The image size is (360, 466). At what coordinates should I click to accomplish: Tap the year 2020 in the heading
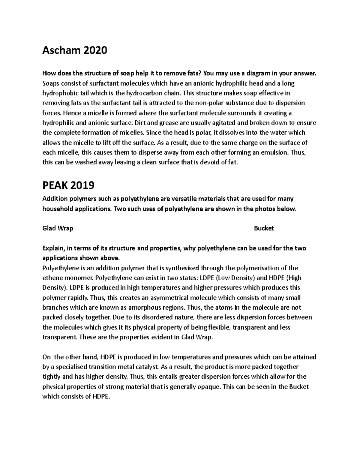coord(95,50)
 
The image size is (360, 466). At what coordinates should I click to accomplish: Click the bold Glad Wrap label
coord(58,228)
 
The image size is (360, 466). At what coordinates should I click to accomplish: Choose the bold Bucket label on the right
coord(264,228)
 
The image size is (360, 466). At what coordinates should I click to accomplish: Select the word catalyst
coord(146,367)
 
